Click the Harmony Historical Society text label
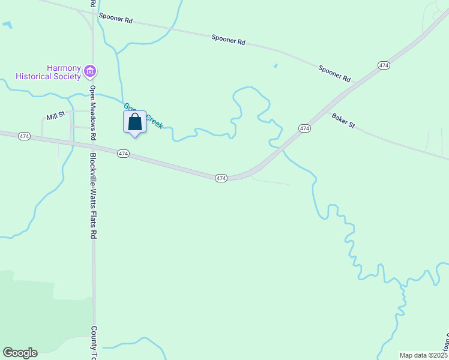(48, 72)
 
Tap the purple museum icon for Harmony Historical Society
(91, 72)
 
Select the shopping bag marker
(135, 122)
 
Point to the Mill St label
(55, 116)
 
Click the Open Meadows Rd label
(93, 113)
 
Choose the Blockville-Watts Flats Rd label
(94, 196)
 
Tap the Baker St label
(343, 121)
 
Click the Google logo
(20, 353)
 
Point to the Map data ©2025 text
(423, 355)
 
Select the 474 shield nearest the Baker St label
(304, 128)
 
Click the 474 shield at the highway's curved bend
(221, 178)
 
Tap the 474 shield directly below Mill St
(24, 136)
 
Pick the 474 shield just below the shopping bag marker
(122, 154)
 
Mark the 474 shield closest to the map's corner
(384, 65)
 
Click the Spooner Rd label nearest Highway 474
(335, 74)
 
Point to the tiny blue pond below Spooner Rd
(276, 65)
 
